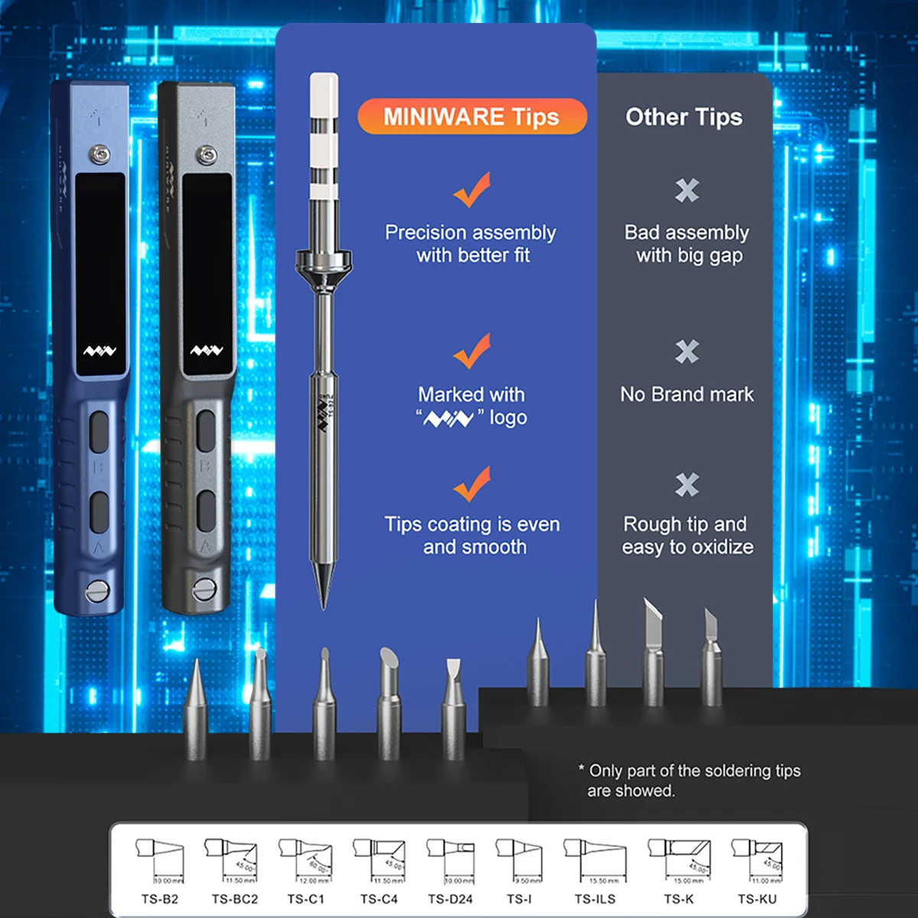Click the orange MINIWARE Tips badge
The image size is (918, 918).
click(x=471, y=117)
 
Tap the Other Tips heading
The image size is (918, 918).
click(x=683, y=117)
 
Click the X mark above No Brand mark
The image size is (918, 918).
click(x=687, y=351)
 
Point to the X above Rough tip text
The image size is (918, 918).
click(x=687, y=484)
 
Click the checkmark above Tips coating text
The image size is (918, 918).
click(x=471, y=484)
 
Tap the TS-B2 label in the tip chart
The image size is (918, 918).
click(x=159, y=899)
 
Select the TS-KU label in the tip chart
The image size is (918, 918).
click(x=757, y=899)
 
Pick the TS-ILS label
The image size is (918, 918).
click(x=595, y=899)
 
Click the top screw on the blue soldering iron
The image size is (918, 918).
click(x=97, y=153)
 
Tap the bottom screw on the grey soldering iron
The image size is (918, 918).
click(x=203, y=589)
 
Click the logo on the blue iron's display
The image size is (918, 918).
click(x=99, y=351)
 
